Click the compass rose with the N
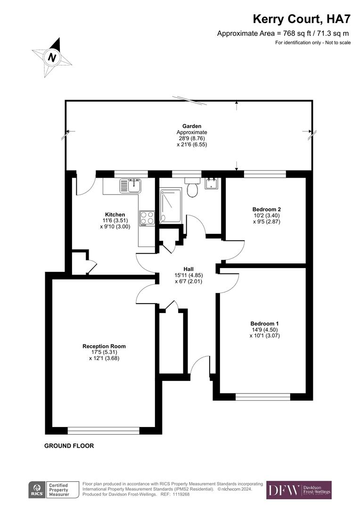pos(52,57)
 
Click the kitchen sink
pos(130,185)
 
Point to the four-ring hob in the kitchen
pos(147,218)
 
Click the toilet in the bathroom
pos(192,188)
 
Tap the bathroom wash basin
pos(211,184)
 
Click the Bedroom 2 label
pos(266,209)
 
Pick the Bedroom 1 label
pos(264,323)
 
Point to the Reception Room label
pos(104,346)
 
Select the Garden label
pos(192,126)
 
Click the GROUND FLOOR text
pos(69,446)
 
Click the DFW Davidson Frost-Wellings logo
pos(299,490)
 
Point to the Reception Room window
pos(103,430)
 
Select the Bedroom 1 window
pos(262,397)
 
